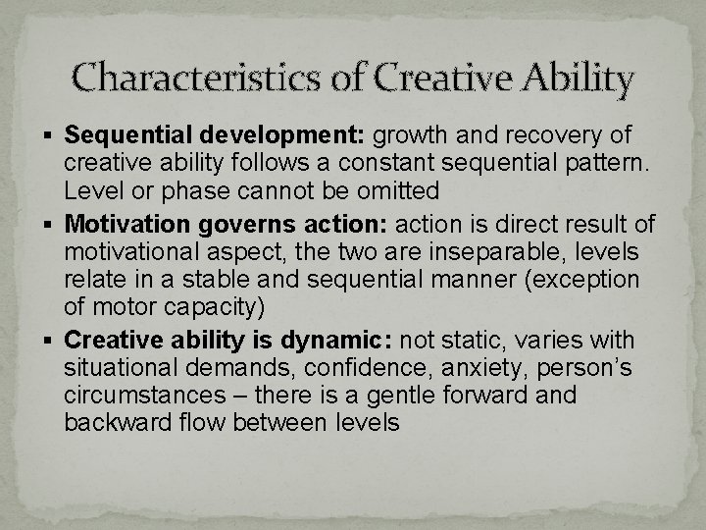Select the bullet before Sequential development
click(52, 134)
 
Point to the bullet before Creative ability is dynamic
click(52, 342)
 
